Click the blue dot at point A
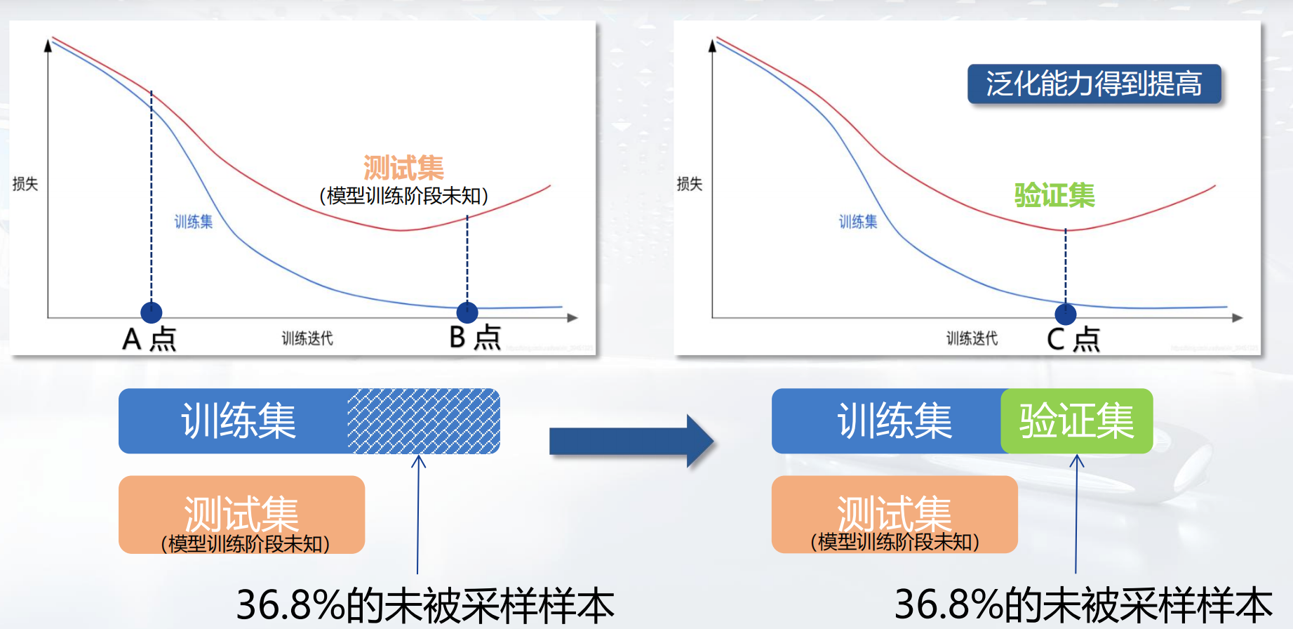coord(152,312)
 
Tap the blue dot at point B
coord(467,312)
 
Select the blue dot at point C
coord(1066,314)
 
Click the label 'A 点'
coord(149,339)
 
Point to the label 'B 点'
coord(475,338)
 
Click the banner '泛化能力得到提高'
coord(1094,84)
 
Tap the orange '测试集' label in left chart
coord(403,168)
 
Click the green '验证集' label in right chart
coord(1054,195)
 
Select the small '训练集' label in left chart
coord(194,222)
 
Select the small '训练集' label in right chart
coord(858,222)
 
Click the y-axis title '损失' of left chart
coord(25,184)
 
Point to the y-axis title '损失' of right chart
coord(690,184)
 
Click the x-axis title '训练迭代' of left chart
coord(307,338)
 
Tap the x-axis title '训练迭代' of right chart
coord(972,338)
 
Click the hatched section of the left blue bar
coord(424,421)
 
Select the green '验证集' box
coord(1077,421)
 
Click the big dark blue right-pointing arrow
coord(631,442)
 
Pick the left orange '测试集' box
coord(242,515)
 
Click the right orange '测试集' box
coord(895,515)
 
